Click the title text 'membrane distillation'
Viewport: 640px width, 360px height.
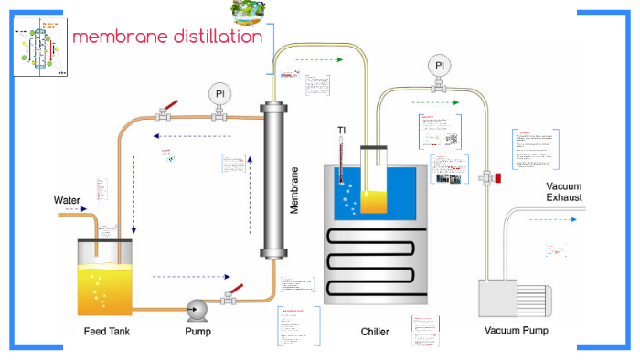tap(166, 37)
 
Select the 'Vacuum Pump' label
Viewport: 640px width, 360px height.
tap(516, 330)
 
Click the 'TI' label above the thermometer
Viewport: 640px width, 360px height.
tap(341, 130)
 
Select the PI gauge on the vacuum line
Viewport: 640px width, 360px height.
tap(440, 66)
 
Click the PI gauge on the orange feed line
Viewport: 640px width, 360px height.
tap(219, 94)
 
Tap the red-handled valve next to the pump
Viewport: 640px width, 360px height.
tap(229, 296)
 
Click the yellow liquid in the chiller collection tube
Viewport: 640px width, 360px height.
tap(373, 198)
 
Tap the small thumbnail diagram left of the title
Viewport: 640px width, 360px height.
tap(40, 48)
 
